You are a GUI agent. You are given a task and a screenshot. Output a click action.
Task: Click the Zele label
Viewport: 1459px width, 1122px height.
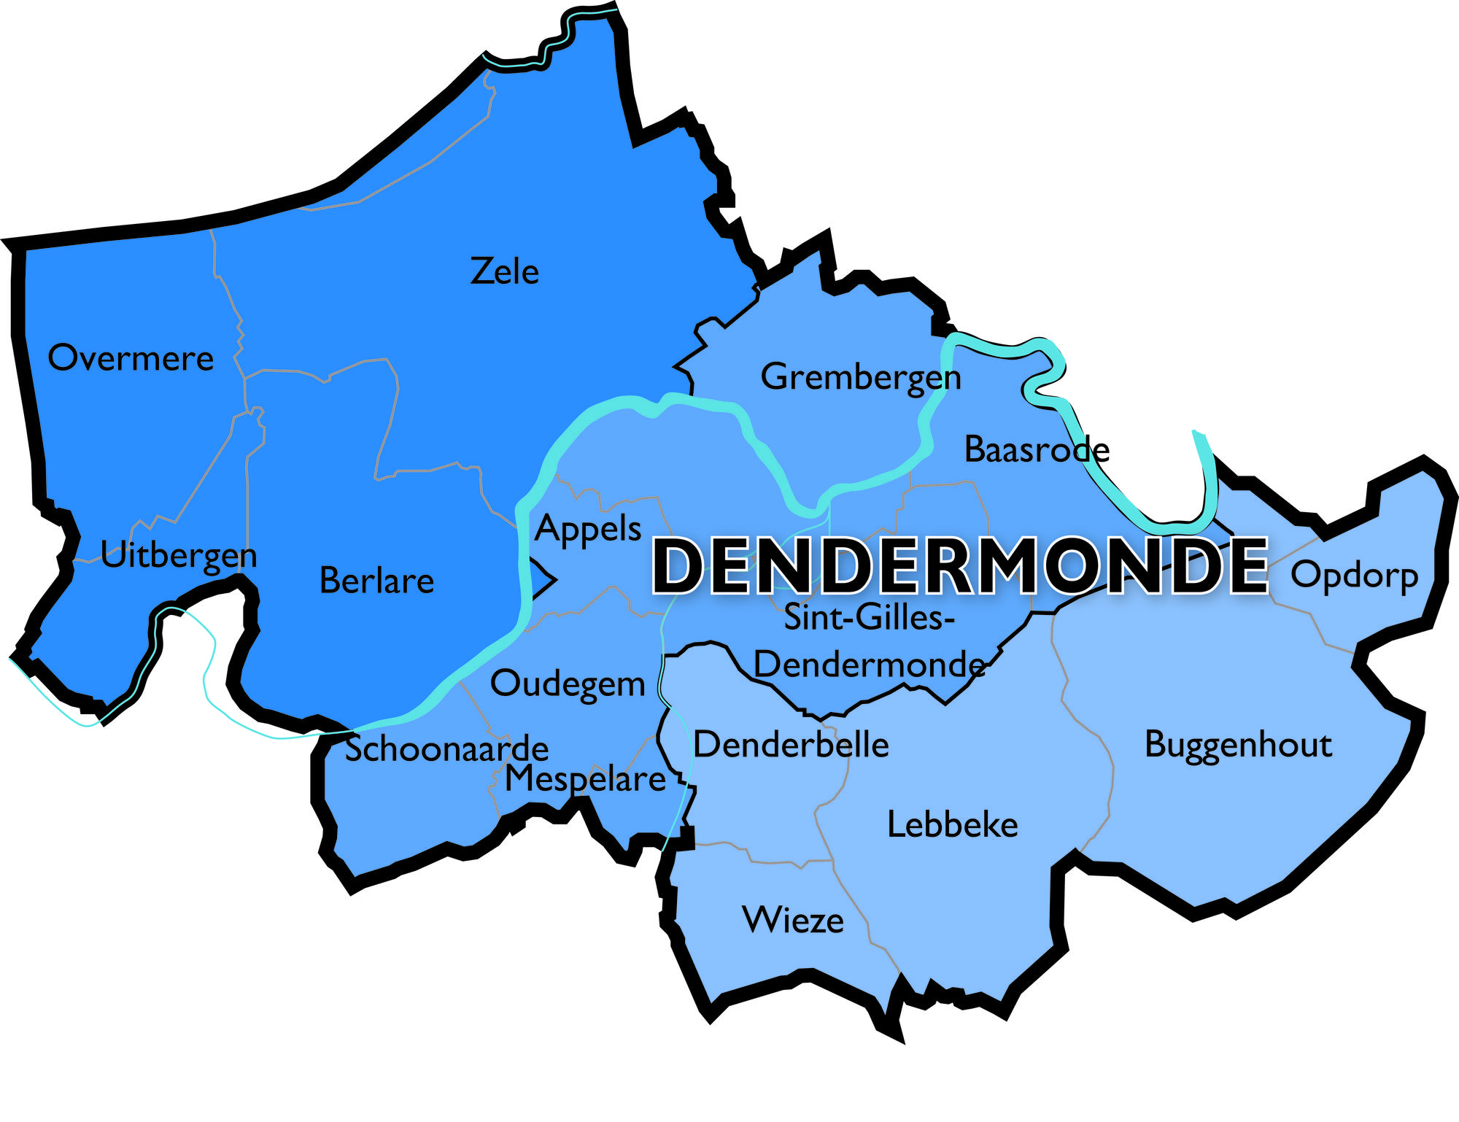pos(504,271)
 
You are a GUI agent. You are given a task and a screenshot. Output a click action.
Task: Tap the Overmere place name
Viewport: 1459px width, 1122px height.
pos(131,358)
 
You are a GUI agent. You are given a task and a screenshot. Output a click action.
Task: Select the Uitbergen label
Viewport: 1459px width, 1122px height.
pos(179,556)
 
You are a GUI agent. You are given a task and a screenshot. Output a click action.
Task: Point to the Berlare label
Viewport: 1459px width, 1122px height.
pos(376,581)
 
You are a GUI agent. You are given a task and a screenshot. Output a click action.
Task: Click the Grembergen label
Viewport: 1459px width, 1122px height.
pos(861,378)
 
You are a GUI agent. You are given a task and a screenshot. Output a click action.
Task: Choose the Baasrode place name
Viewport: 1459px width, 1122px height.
pos(1037,449)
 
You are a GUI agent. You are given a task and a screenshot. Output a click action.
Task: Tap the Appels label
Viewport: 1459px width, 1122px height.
pos(588,528)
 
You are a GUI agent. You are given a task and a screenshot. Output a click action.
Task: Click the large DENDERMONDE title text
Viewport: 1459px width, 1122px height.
pos(959,567)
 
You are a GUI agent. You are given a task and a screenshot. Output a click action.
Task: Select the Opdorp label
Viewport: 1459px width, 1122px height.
pos(1354,576)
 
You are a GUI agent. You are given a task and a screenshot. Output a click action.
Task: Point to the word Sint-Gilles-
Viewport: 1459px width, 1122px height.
pos(869,618)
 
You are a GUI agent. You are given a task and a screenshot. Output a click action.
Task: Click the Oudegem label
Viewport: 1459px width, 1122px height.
pos(568,684)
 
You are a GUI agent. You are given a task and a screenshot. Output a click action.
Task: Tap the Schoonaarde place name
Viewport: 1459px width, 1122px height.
pos(446,749)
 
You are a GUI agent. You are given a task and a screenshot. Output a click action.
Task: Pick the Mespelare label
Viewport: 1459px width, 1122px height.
pos(585,779)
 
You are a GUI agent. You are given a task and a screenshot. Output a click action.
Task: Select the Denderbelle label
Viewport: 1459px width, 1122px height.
pos(791,745)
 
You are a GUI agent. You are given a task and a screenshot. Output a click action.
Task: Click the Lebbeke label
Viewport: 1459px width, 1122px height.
pos(952,825)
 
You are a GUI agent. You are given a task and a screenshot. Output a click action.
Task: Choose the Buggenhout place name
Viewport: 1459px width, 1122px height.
pos(1238,745)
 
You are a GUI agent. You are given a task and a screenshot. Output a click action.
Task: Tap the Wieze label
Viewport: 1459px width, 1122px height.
pos(793,920)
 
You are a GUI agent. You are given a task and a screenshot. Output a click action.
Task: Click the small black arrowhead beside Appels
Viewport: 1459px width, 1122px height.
pos(545,580)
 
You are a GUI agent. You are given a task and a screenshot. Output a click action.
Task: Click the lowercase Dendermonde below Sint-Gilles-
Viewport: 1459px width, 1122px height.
pos(869,665)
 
